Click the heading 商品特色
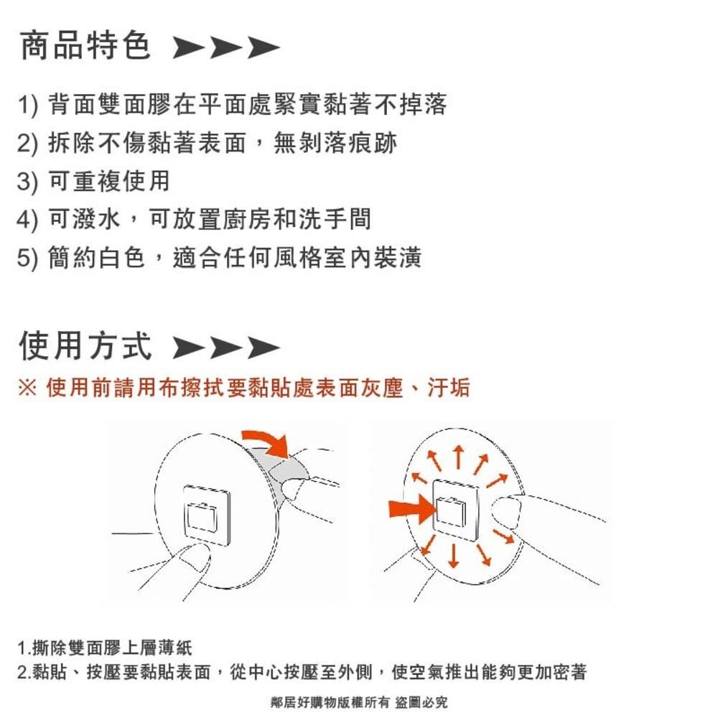pyautogui.click(x=85, y=46)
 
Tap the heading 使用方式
pyautogui.click(x=85, y=345)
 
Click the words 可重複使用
pyautogui.click(x=108, y=181)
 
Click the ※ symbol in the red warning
pyautogui.click(x=27, y=388)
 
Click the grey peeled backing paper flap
pyautogui.click(x=291, y=470)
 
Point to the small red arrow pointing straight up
pyautogui.click(x=457, y=455)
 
